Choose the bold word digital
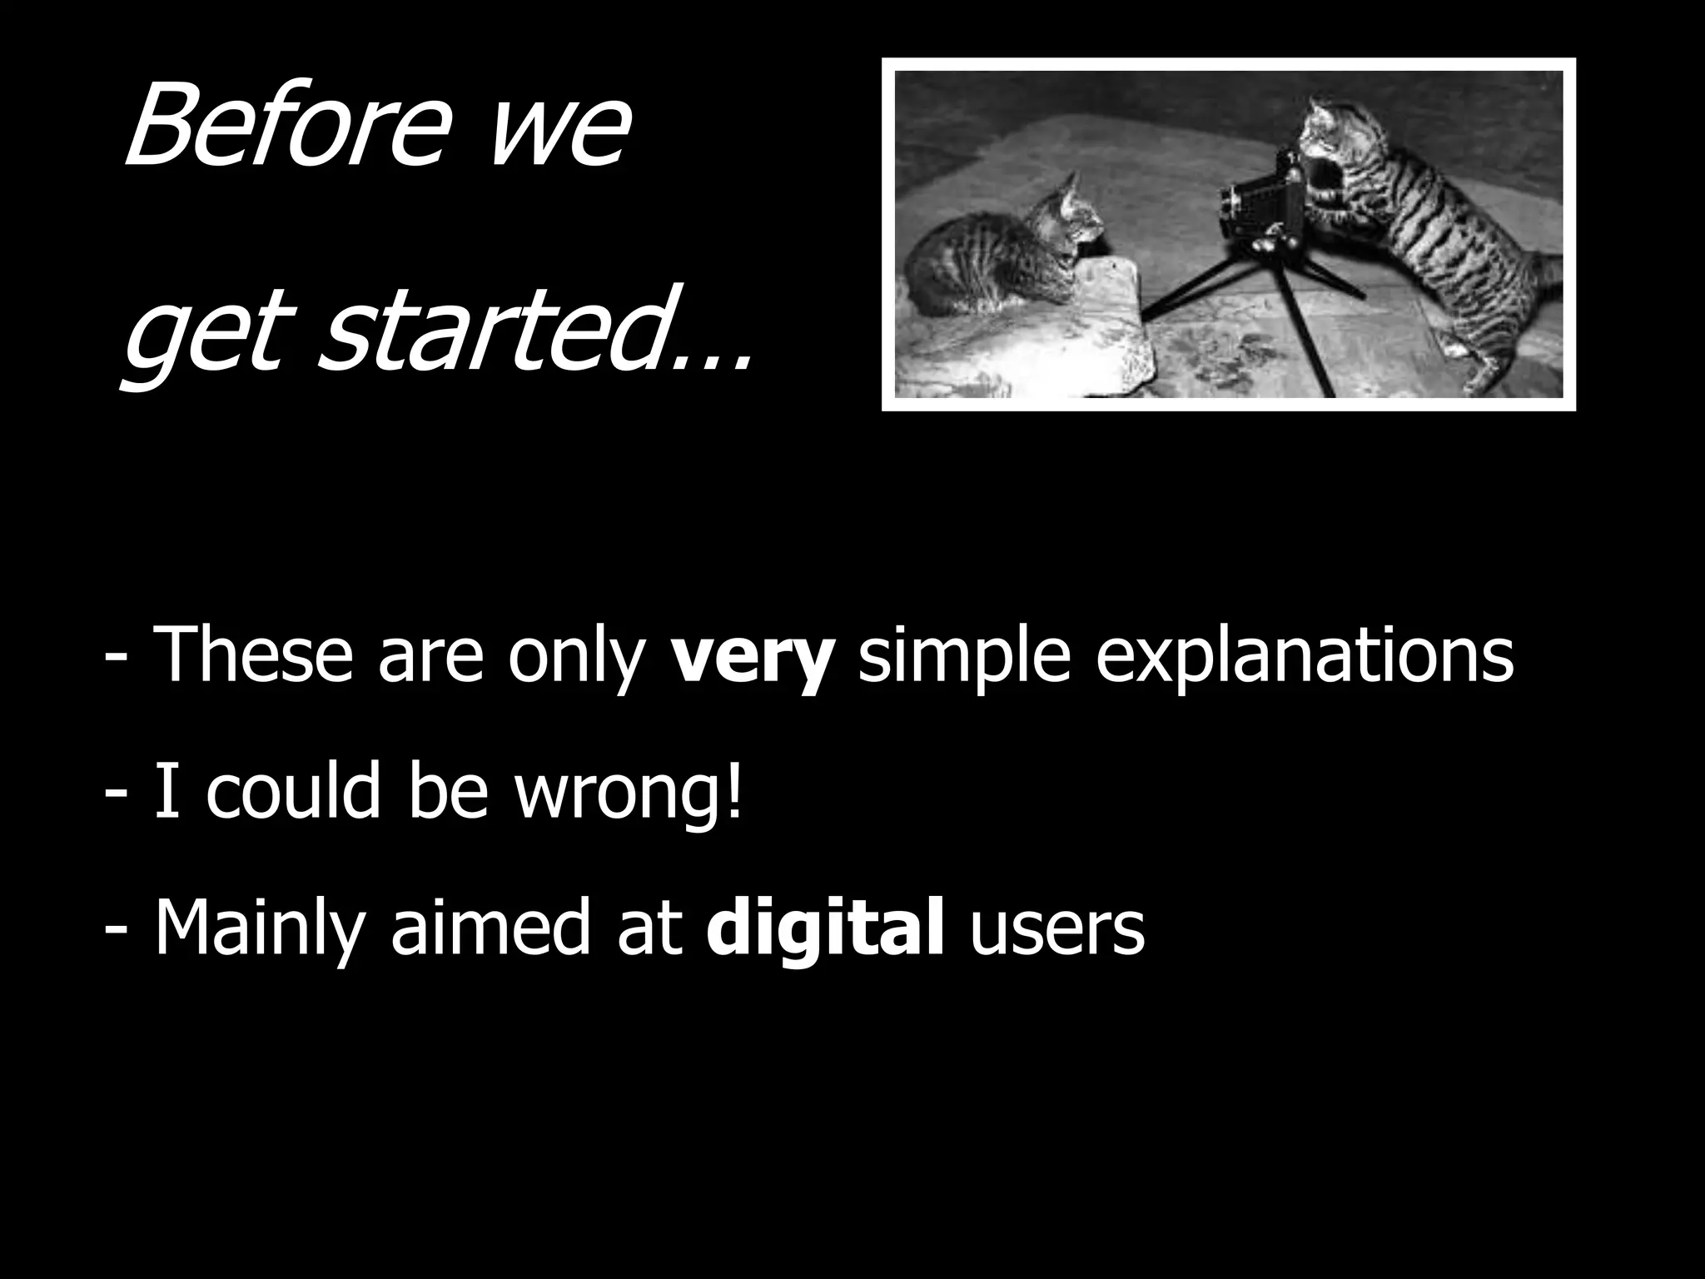825,928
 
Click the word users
1057,928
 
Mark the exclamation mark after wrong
733,787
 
